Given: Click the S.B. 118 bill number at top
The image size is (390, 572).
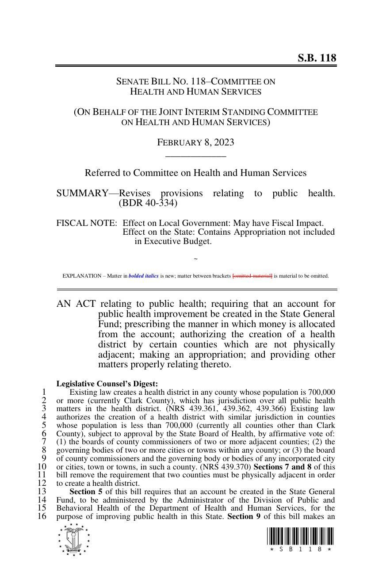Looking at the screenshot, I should (317, 58).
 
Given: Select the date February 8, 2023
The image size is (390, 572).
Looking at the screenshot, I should (195, 142).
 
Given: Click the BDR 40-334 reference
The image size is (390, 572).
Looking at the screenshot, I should (148, 203).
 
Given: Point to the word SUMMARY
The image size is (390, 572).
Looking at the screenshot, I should (82, 193).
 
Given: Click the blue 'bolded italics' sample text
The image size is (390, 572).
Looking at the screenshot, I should (144, 276).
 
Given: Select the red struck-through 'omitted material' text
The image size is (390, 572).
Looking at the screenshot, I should (252, 276).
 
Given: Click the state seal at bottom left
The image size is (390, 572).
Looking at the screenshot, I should (73, 539).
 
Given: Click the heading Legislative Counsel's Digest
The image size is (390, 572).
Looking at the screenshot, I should (107, 384).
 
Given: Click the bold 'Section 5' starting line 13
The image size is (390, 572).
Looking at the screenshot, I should (83, 492).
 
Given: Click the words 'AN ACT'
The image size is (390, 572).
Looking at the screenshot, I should (76, 304).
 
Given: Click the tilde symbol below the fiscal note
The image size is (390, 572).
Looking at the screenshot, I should (195, 259).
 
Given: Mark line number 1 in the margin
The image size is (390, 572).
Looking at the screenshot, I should (44, 392).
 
